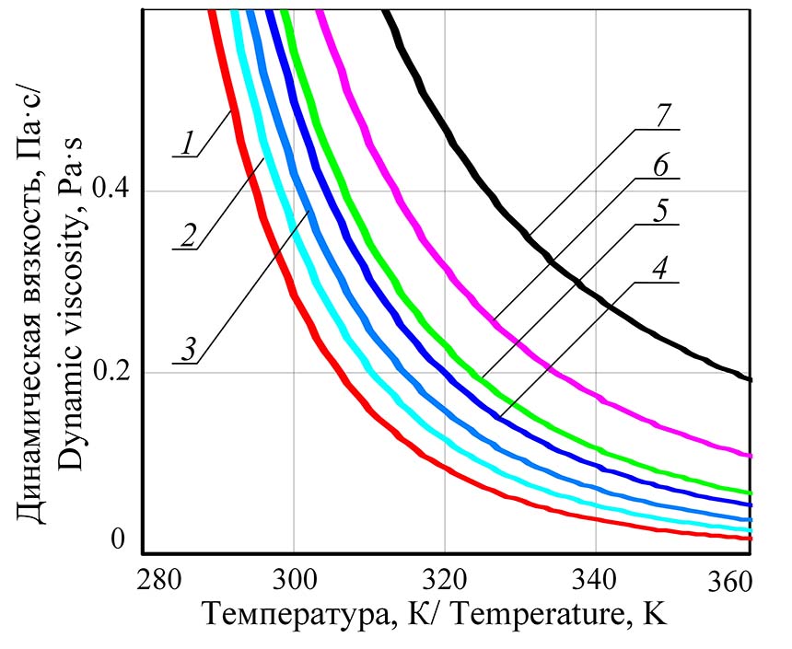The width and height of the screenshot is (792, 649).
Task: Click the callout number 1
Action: tap(187, 143)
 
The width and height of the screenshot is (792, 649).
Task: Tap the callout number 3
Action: tap(187, 350)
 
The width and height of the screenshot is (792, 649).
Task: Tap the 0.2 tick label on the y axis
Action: tap(114, 372)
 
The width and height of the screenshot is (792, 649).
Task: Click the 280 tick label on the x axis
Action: tap(155, 581)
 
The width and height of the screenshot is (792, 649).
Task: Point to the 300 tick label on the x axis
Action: tap(293, 581)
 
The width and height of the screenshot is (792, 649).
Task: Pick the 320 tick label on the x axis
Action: tap(444, 581)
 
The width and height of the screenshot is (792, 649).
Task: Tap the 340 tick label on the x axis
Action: tap(596, 581)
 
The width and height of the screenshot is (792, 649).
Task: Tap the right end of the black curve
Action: tap(751, 378)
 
